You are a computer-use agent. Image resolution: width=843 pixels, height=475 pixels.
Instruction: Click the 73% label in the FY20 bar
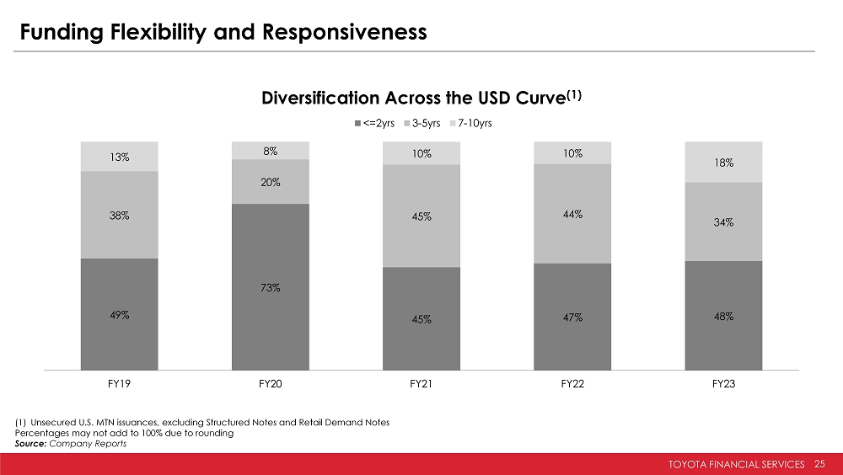[271, 288]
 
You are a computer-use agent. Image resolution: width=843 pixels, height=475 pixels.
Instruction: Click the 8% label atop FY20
[271, 152]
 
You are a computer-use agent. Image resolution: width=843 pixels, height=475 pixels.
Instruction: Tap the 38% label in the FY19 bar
[119, 215]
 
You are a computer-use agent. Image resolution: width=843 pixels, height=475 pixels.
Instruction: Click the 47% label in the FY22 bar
[572, 318]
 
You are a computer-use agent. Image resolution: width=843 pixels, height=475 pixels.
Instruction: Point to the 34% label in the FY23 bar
[724, 223]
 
